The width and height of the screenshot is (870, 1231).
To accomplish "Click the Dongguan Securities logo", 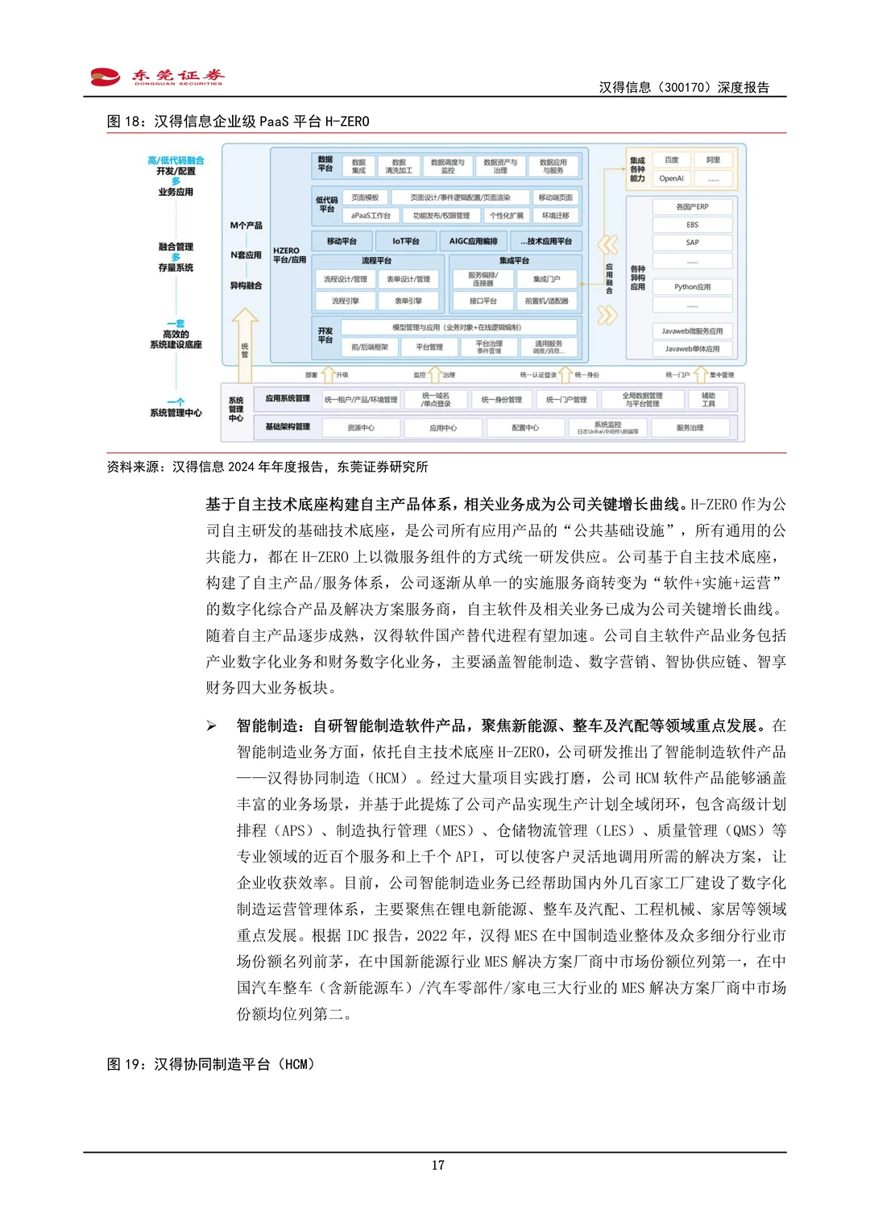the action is click(156, 77).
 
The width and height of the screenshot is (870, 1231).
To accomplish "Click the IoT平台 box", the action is click(406, 241).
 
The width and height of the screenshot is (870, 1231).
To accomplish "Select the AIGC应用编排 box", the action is click(473, 241).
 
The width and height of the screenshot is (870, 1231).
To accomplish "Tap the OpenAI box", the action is click(671, 178).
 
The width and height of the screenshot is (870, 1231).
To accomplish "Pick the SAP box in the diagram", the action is click(692, 243).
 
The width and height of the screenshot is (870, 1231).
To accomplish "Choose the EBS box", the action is click(692, 225).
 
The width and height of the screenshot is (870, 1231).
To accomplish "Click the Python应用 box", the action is click(692, 287).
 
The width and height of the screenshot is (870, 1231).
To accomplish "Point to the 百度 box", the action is click(671, 160).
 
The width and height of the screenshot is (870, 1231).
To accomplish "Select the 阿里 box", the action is click(713, 160).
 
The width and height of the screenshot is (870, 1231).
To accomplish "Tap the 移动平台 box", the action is click(342, 241).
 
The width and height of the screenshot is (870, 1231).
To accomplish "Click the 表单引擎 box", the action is click(408, 301).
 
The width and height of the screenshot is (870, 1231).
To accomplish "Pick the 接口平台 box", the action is click(483, 301).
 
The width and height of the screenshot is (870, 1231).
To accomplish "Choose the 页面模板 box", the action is click(365, 198).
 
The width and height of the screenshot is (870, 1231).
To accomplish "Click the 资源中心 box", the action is click(361, 427).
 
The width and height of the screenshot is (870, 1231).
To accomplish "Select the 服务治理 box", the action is click(690, 427).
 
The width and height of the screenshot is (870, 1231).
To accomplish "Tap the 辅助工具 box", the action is click(708, 399).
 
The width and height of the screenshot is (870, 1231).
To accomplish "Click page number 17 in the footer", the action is click(437, 1165).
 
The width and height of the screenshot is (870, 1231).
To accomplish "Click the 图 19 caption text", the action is click(211, 1064).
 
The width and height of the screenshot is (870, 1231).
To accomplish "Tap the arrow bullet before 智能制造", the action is click(211, 726).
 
